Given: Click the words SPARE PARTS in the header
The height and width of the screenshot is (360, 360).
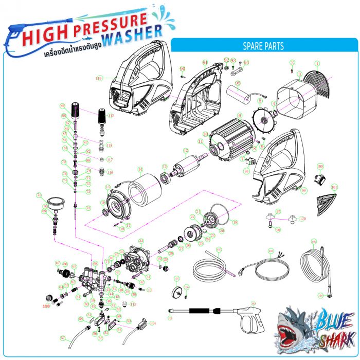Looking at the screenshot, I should click(263, 46).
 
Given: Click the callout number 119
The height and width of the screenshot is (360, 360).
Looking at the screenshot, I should click(99, 78).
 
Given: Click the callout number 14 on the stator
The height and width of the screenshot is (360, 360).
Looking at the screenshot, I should click(139, 169).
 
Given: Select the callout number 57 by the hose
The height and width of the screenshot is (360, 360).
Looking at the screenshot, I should click(63, 338).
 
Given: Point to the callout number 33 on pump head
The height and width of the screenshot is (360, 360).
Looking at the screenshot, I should click(141, 240).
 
